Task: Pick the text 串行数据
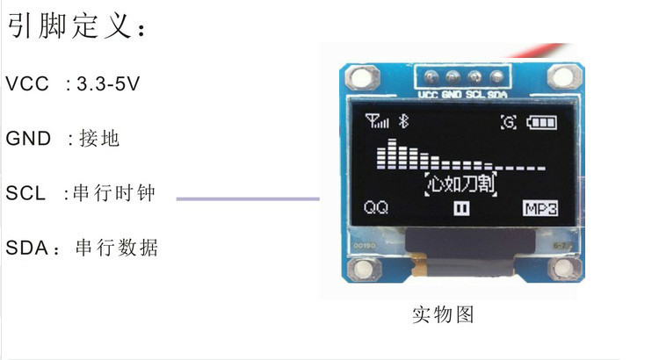[x=117, y=248]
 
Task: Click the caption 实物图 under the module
[x=443, y=314]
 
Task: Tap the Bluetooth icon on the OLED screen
[x=405, y=122]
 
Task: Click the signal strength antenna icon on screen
[x=377, y=122]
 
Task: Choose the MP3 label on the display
[x=541, y=208]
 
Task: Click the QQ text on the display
[x=376, y=208]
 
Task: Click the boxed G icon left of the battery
[x=509, y=123]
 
